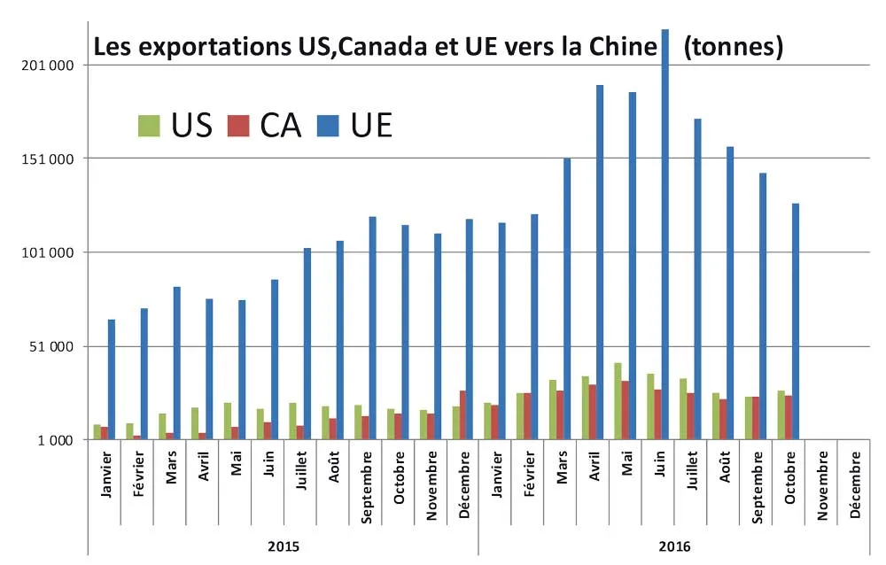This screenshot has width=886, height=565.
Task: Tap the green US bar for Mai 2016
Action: point(618,401)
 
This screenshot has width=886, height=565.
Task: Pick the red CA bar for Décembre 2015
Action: point(462,415)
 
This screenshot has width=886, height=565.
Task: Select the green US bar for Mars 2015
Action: point(162,427)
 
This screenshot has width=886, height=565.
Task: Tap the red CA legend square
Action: point(238,125)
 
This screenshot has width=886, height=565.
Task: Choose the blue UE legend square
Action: point(330,125)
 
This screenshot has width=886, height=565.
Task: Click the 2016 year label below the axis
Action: point(675,546)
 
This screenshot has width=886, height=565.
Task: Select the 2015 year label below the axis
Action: point(284,546)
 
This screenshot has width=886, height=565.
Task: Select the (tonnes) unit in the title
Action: point(734,46)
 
